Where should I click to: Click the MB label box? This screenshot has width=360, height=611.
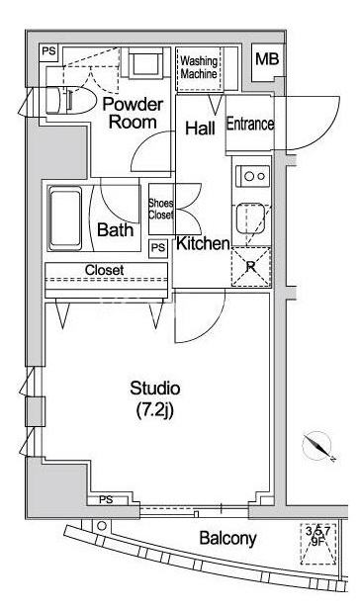pos(267,59)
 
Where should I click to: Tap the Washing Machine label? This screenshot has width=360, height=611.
pos(199,67)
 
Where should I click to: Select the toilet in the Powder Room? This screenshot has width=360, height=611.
pos(70,100)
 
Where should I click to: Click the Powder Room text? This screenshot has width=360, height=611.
pos(133,113)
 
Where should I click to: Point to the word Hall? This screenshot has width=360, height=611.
pos(200,129)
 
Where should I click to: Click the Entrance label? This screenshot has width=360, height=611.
pos(250,124)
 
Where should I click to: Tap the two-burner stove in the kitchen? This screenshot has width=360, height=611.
pos(252,176)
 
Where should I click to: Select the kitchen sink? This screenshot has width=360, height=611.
pos(250,218)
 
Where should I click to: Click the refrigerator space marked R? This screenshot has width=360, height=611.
pos(251,267)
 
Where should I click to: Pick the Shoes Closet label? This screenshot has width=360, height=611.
pos(160,209)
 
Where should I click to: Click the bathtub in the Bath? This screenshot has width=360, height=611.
pos(65,218)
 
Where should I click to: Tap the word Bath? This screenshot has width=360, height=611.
pos(116,229)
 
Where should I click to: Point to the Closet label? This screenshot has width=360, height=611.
pos(105,270)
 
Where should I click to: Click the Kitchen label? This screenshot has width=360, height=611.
pos(203,243)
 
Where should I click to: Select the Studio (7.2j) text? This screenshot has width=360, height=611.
pos(154,399)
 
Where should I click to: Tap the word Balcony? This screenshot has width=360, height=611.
pos(227,539)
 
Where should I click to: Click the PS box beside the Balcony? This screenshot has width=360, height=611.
pos(106,499)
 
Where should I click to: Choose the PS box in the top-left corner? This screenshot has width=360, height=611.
pos(49,51)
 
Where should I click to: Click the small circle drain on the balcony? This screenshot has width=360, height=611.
pos(102,526)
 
